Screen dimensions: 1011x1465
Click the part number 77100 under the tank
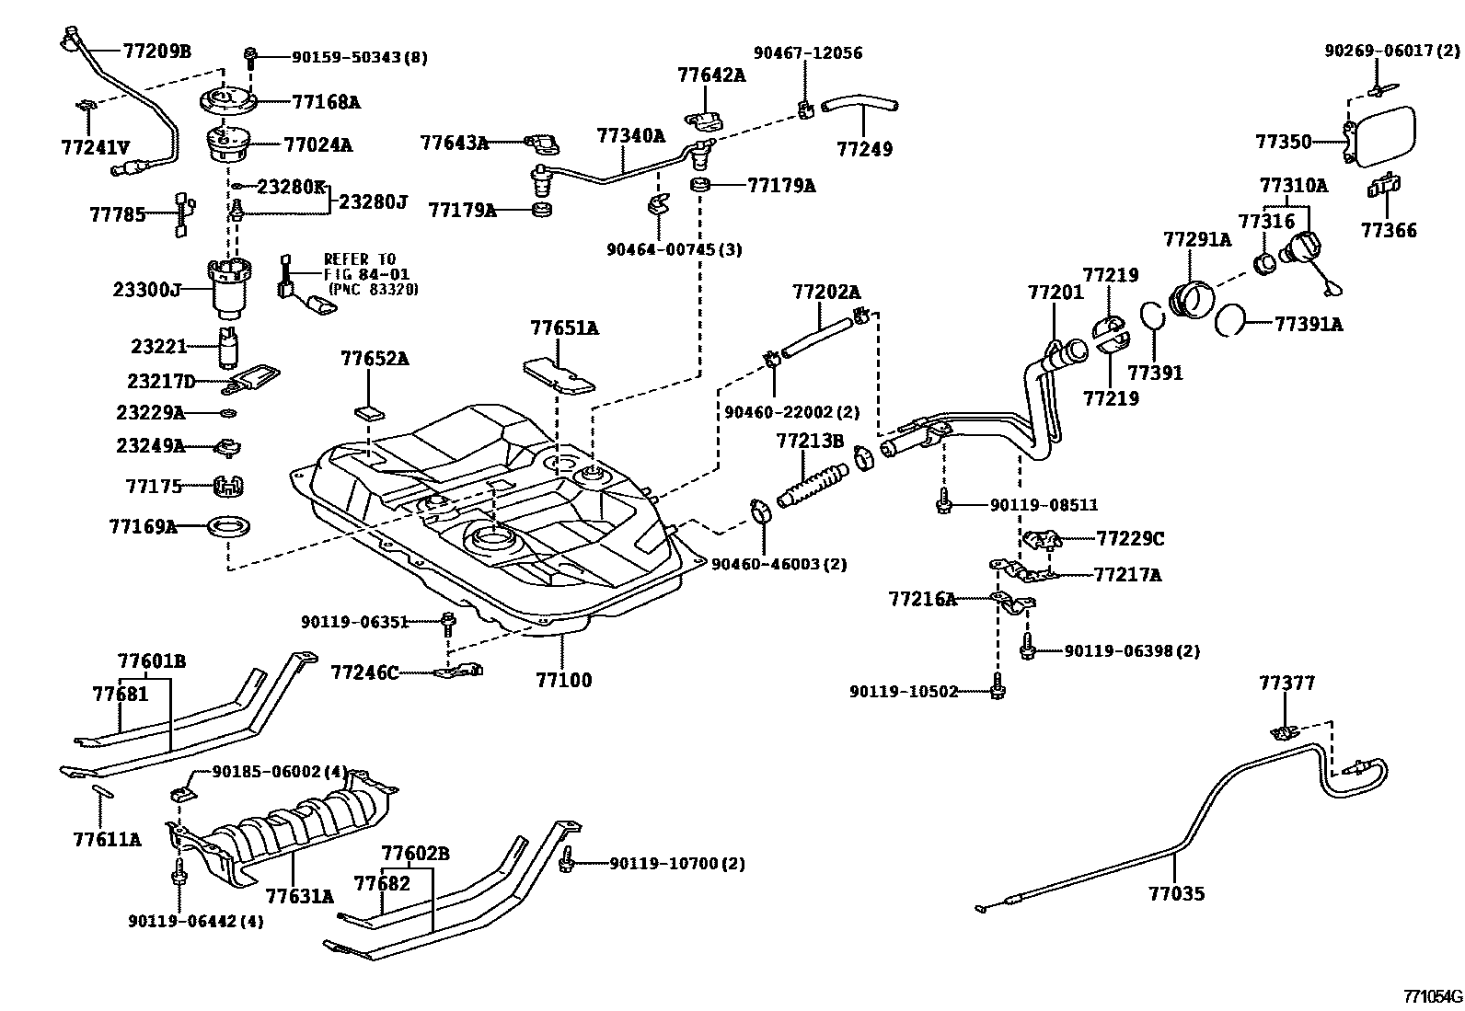click(564, 681)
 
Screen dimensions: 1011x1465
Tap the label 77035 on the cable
click(1175, 893)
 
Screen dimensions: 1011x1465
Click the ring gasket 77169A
click(225, 528)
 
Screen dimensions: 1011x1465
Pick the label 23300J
click(146, 289)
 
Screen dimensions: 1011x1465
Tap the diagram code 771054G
click(1431, 996)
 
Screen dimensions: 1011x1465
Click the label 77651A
click(564, 327)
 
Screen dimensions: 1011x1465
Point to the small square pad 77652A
click(368, 410)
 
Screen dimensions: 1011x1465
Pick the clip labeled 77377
click(1286, 732)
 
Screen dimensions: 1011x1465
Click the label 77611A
click(107, 839)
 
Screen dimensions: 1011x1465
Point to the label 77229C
click(1130, 538)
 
